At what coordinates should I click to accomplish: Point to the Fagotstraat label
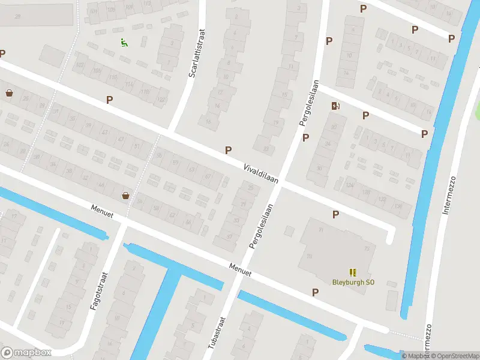(98, 292)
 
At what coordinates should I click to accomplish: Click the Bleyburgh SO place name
(353, 282)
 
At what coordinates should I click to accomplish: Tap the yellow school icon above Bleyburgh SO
(353, 272)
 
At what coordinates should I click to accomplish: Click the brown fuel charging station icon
(335, 106)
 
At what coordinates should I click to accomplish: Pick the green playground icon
(124, 42)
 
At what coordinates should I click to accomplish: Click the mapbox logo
(27, 353)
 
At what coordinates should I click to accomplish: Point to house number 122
(161, 99)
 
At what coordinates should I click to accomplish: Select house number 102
(80, 65)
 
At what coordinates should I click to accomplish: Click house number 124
(349, 185)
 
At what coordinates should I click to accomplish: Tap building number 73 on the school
(366, 248)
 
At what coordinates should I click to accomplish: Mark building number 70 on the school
(310, 257)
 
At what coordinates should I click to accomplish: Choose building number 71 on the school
(322, 230)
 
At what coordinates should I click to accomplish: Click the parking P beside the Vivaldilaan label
(228, 150)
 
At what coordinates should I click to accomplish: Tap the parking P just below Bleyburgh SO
(315, 292)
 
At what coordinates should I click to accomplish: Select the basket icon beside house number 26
(9, 93)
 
